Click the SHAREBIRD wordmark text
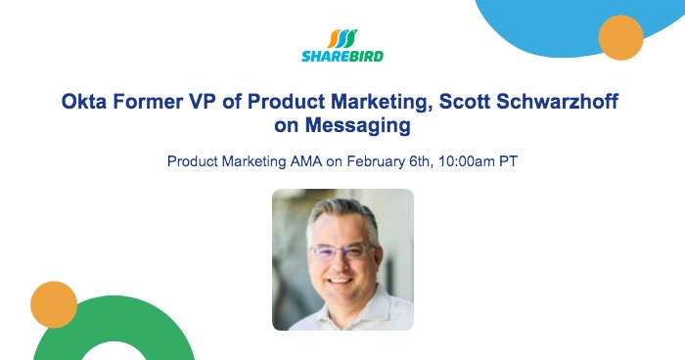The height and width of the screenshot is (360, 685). point(342,57)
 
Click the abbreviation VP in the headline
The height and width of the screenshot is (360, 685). point(212,102)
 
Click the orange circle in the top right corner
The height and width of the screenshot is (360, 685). point(620,38)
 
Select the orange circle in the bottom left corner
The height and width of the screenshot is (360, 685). point(54,304)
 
